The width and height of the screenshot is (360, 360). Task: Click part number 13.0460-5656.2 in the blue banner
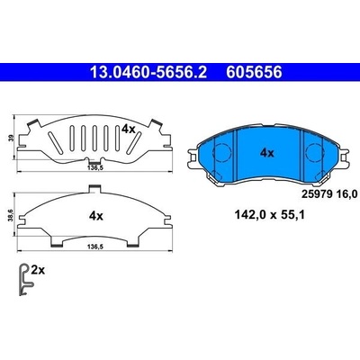[x=148, y=72]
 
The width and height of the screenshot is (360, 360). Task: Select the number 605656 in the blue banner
[x=254, y=72]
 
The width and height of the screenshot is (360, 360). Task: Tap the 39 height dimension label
[x=12, y=139]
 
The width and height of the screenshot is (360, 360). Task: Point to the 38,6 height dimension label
[x=12, y=214]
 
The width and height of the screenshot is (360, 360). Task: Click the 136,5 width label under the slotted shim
[x=95, y=168]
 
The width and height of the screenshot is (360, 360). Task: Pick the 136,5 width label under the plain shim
[x=95, y=247]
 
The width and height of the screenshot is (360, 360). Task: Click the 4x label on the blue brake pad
[x=267, y=153]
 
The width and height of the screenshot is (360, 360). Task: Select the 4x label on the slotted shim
[x=129, y=130]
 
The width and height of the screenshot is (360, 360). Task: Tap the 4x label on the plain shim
[x=96, y=216]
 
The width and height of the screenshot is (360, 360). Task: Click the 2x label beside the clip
[x=38, y=271]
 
